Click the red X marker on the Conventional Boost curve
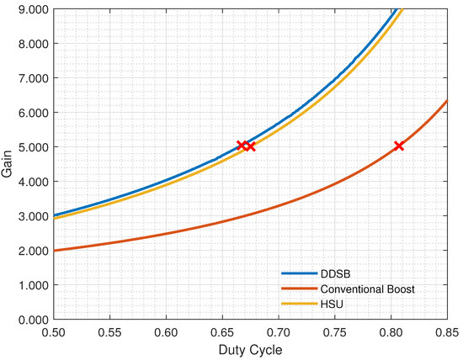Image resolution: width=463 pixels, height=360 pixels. click(x=399, y=146)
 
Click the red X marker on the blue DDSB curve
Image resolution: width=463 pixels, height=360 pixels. click(x=241, y=146)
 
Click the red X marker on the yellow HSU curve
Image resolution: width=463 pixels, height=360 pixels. click(x=250, y=146)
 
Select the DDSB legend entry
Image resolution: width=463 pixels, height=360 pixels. click(x=330, y=274)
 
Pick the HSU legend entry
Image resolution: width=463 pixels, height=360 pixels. click(x=327, y=303)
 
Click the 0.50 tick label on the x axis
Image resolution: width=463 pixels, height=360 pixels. click(x=53, y=332)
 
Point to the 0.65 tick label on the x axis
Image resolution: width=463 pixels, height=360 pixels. click(x=221, y=332)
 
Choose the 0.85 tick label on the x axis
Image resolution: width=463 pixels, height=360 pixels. click(x=447, y=332)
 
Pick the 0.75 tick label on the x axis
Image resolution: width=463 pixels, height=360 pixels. click(x=334, y=332)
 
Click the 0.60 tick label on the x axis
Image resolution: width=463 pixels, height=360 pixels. click(x=165, y=332)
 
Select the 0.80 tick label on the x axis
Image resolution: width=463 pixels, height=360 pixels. click(x=391, y=332)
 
